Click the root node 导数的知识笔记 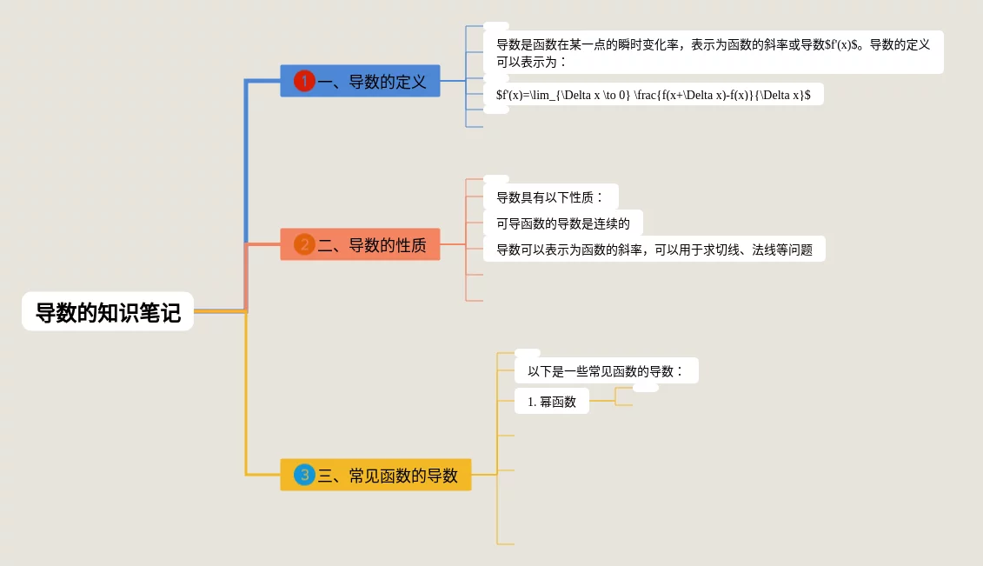click(108, 311)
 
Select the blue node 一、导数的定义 click(360, 81)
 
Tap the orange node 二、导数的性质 click(360, 244)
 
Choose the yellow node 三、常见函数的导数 click(375, 475)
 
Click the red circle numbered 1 click(304, 81)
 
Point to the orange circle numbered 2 click(304, 244)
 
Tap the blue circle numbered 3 click(304, 475)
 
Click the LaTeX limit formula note click(653, 95)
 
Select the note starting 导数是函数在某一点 click(713, 52)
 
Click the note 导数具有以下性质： click(550, 197)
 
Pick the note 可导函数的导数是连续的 click(562, 223)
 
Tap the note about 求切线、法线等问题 click(654, 250)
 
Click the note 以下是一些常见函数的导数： click(606, 371)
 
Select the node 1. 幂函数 click(551, 402)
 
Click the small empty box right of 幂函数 click(645, 388)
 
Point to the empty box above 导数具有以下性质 click(496, 179)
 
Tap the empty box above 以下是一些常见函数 click(528, 352)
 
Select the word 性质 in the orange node click(411, 245)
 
